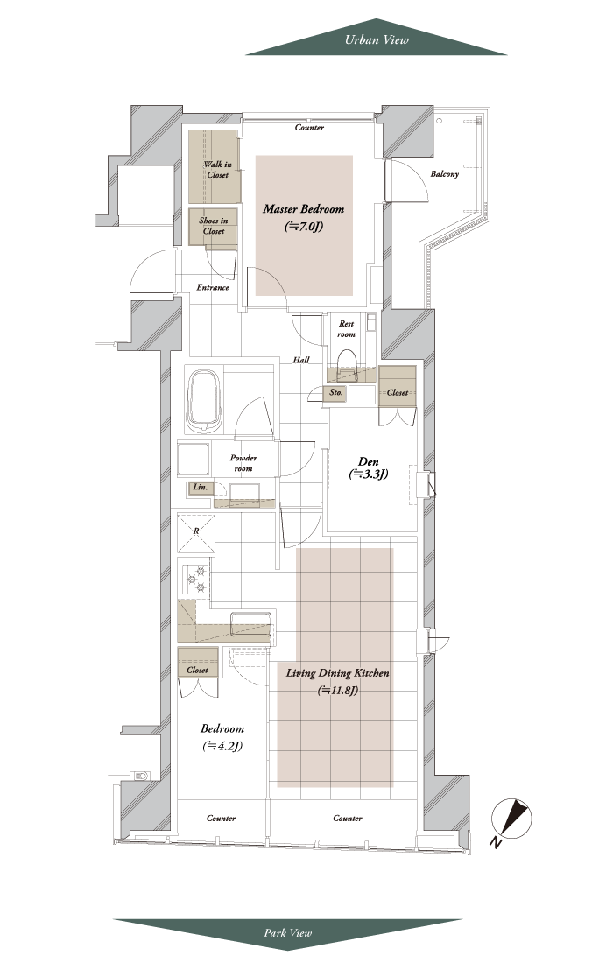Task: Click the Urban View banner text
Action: click(377, 40)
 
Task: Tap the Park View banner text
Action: click(288, 933)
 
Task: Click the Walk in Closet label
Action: click(217, 170)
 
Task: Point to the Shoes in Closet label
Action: click(213, 226)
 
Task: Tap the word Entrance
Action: click(213, 287)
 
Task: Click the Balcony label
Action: click(444, 174)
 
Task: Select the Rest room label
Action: click(347, 329)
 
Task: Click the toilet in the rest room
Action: click(347, 360)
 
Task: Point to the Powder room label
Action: click(243, 463)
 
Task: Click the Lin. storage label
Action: click(201, 488)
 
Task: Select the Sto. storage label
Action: click(335, 392)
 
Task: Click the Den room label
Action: click(369, 468)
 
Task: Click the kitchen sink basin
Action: click(250, 624)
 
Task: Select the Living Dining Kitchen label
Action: click(337, 681)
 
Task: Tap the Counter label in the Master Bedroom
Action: click(309, 128)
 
